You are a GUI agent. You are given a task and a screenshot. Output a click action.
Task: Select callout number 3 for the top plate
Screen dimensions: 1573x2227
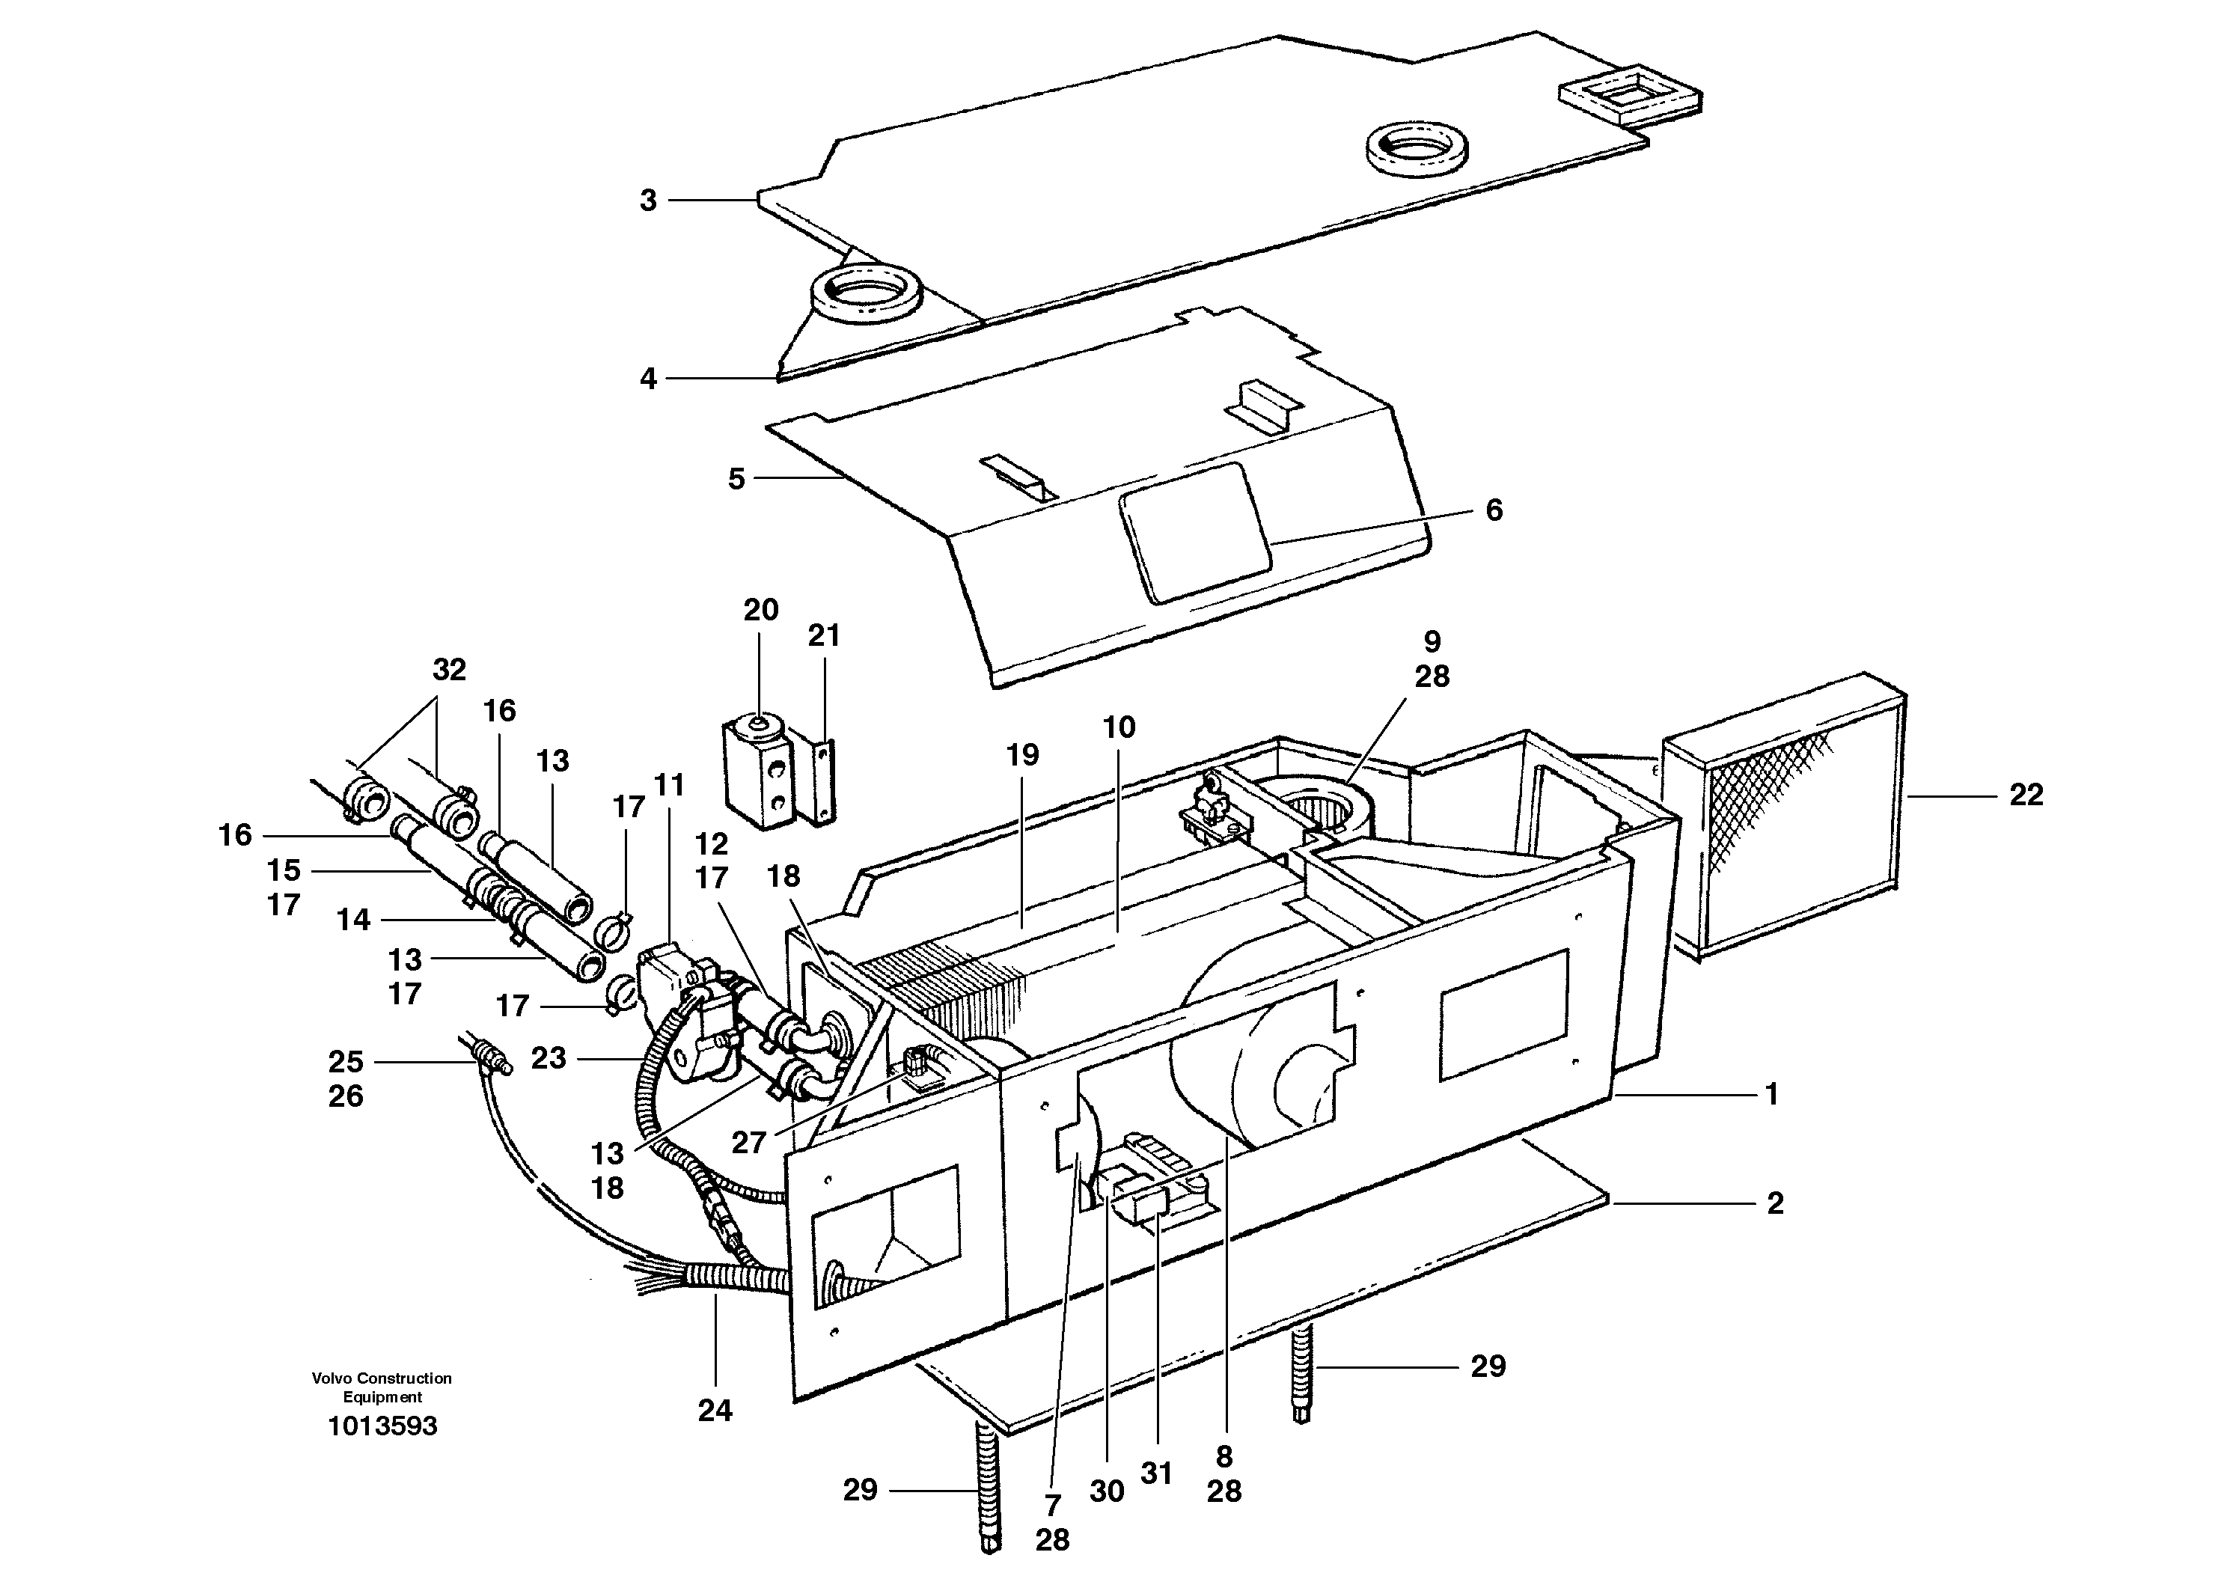click(648, 201)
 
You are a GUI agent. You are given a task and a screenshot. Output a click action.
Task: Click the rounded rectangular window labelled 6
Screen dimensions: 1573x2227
click(1195, 531)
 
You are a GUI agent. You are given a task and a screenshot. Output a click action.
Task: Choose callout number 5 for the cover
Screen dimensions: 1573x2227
click(736, 479)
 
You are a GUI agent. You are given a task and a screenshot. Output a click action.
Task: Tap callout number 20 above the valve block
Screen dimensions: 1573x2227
click(760, 610)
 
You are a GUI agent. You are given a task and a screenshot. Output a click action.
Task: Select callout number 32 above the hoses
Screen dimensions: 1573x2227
click(449, 669)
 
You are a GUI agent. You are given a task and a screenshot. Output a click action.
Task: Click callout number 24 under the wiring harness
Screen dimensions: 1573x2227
click(715, 1410)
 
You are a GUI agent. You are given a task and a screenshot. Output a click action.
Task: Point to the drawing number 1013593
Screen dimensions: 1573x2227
click(382, 1426)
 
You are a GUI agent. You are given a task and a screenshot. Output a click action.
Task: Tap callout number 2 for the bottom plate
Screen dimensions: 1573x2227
click(1774, 1203)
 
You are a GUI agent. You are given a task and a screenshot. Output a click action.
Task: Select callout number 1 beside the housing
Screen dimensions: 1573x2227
click(1771, 1095)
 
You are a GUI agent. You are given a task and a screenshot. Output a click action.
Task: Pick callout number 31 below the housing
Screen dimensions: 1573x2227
click(1156, 1473)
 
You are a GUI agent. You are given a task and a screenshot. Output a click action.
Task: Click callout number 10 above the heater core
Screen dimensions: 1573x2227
click(1118, 727)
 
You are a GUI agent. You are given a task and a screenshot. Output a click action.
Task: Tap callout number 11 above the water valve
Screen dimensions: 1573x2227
click(669, 784)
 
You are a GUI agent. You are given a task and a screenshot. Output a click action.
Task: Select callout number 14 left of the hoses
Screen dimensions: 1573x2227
click(353, 920)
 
